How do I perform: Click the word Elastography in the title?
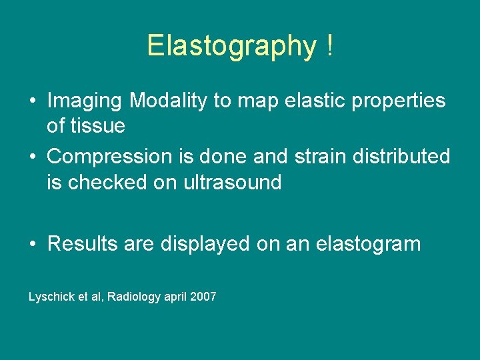[231, 47]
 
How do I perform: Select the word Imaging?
[85, 101]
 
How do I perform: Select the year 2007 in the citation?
[203, 297]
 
